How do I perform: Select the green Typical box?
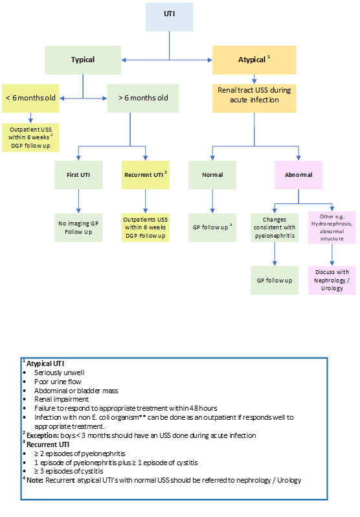(82, 60)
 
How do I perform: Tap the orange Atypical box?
(254, 60)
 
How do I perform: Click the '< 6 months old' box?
(30, 98)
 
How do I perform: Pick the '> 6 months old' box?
(143, 98)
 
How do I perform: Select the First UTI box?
(78, 175)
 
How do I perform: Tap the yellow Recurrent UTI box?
(146, 175)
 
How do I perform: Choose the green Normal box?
(212, 175)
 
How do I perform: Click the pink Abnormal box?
(298, 175)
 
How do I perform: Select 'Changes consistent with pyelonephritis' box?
(275, 227)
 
